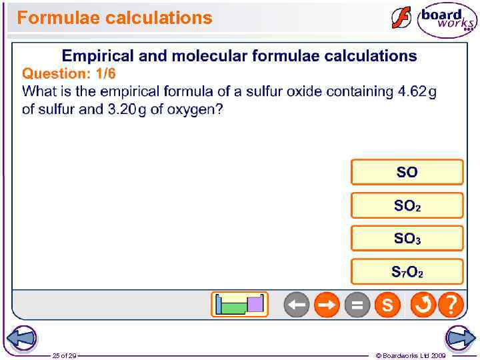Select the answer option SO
coord(407,172)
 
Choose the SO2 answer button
coord(407,205)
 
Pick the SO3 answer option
coord(407,238)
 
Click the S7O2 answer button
coord(407,271)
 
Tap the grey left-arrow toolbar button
coord(297,305)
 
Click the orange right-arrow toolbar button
coord(327,305)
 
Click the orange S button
coord(387,305)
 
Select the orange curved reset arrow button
coord(423,305)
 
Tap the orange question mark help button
coord(451,305)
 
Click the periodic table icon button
coord(239,305)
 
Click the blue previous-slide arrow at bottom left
coord(20,338)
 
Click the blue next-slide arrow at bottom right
coord(461,338)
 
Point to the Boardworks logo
coord(447,20)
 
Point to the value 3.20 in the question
coord(121,109)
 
